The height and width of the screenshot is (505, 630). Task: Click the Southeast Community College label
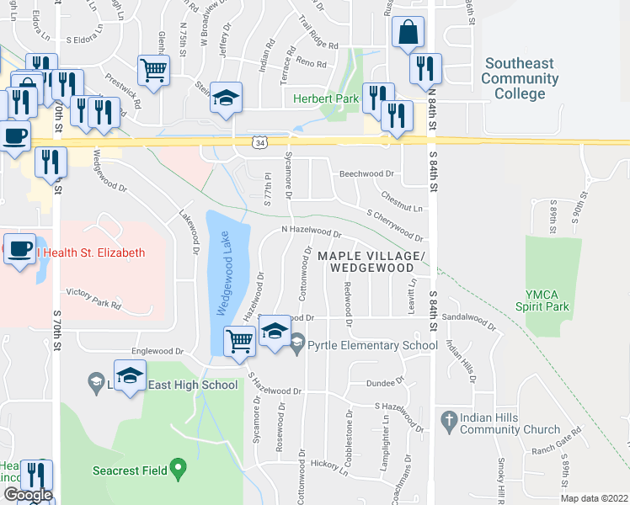pyautogui.click(x=520, y=79)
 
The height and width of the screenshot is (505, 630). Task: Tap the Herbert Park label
pyautogui.click(x=326, y=99)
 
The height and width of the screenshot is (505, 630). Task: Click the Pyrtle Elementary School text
pyautogui.click(x=372, y=345)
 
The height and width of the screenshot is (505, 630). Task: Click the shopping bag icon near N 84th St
pyautogui.click(x=408, y=34)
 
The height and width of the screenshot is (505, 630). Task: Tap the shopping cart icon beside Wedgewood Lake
pyautogui.click(x=240, y=342)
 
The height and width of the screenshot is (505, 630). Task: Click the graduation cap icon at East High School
pyautogui.click(x=131, y=376)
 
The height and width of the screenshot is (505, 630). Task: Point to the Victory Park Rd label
pyautogui.click(x=93, y=295)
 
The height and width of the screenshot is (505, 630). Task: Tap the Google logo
pyautogui.click(x=28, y=495)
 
